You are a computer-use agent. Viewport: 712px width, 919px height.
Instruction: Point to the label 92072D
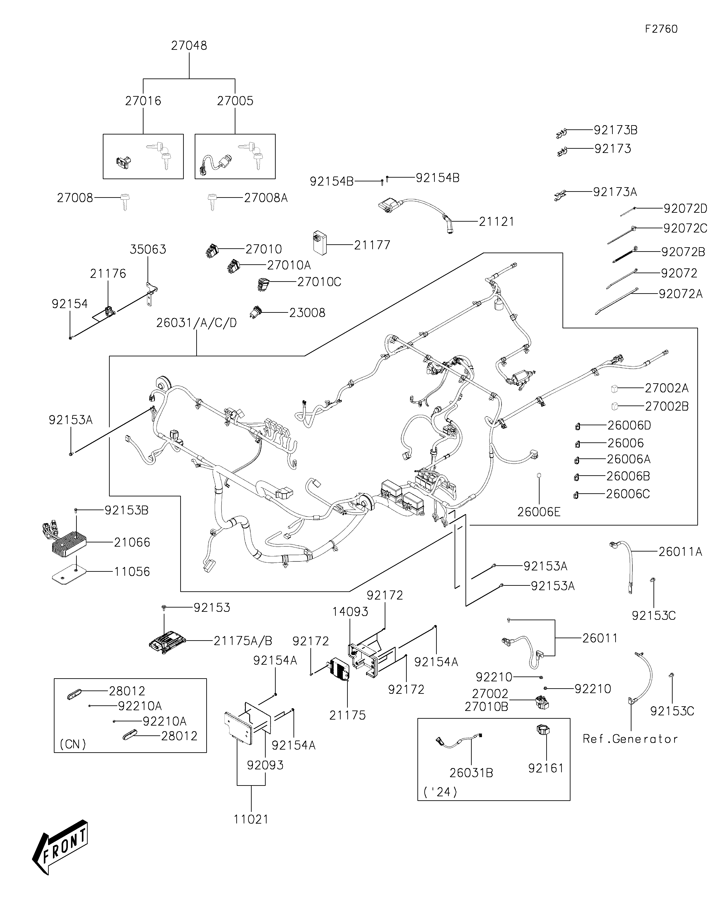tap(685, 208)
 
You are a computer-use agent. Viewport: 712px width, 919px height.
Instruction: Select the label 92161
tap(546, 768)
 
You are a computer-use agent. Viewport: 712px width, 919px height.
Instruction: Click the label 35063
tap(148, 249)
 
